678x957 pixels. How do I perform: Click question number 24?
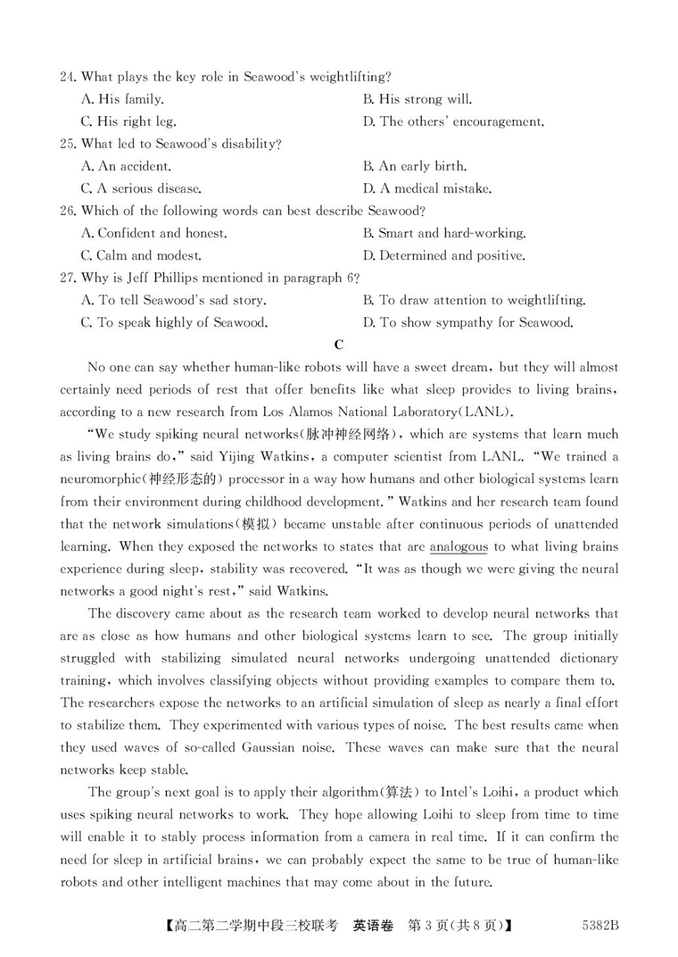coord(68,77)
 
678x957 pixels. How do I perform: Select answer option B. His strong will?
coord(418,99)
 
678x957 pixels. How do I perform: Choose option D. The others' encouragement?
coord(453,121)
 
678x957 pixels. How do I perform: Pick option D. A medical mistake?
coord(427,189)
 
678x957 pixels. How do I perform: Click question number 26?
coord(68,211)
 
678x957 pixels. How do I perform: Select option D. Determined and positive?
coord(444,255)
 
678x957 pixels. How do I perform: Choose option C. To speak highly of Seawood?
coord(174,322)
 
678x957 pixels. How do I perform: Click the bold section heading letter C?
coord(339,345)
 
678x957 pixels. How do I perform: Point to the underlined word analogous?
coord(459,547)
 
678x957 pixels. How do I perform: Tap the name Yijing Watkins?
coord(263,457)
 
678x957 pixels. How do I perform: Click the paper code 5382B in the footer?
coord(600,926)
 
